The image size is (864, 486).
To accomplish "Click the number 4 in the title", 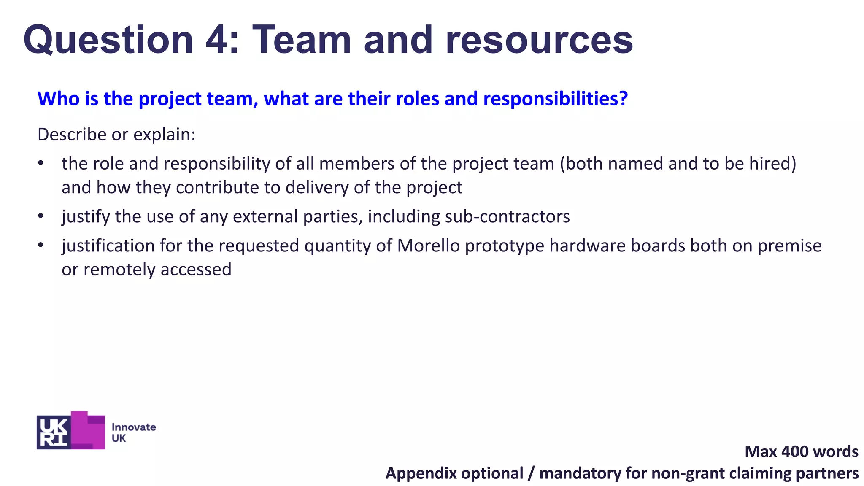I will pos(217,40).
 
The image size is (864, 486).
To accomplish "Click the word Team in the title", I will pos(302,40).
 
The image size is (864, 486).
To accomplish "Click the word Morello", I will pos(428,246).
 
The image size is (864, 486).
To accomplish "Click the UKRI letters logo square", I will pos(54,432).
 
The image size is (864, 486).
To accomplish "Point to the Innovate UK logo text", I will pos(133,432).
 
